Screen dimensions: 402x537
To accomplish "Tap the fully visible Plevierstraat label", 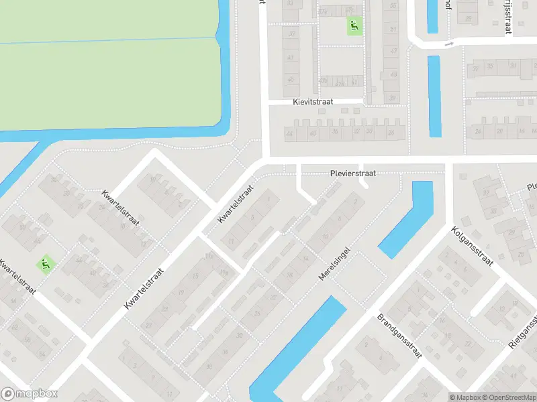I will (353, 173).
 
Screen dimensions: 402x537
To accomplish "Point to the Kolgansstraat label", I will (473, 245).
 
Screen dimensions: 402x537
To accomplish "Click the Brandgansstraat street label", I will (399, 336).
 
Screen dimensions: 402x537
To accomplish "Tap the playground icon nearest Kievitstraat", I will (354, 26).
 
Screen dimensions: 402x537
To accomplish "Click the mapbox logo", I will (30, 395).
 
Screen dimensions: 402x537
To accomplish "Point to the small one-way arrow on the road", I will (450, 44).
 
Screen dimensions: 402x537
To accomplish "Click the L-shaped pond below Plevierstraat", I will (407, 221).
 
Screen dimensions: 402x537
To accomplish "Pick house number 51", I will (393, 30).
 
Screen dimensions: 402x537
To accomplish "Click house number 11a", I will (224, 271).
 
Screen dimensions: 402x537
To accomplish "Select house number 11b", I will (209, 256).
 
